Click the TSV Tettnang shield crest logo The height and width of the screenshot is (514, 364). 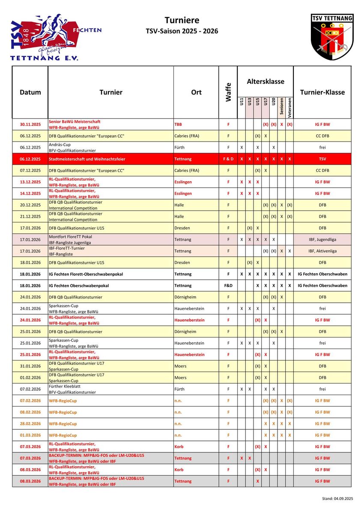click(332, 37)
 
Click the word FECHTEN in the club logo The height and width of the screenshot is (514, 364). click(87, 30)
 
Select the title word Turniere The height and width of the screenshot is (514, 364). click(182, 20)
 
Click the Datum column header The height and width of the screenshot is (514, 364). click(30, 92)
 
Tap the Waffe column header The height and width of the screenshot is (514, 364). click(228, 92)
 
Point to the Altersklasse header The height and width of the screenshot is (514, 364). click(265, 81)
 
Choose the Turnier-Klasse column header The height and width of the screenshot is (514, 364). click(322, 92)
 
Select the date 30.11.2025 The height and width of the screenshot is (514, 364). click(30, 124)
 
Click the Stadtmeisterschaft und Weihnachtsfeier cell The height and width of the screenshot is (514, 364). click(87, 159)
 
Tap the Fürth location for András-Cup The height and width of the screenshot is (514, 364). click(179, 148)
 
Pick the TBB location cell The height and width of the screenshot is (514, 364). click(178, 124)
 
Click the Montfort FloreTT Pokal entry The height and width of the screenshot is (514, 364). click(70, 237)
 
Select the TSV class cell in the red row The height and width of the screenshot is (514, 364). click(322, 159)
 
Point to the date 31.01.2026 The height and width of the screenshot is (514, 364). click(30, 366)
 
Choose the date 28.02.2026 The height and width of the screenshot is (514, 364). click(30, 424)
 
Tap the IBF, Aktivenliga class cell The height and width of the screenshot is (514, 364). click(322, 251)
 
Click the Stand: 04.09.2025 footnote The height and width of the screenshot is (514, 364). click(337, 499)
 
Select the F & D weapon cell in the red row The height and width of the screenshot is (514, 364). click(228, 159)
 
